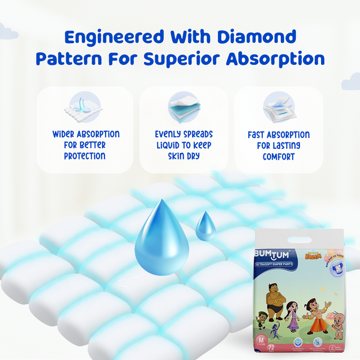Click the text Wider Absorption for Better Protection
(85, 145)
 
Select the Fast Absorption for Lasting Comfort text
(278, 145)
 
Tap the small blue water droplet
(205, 226)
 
